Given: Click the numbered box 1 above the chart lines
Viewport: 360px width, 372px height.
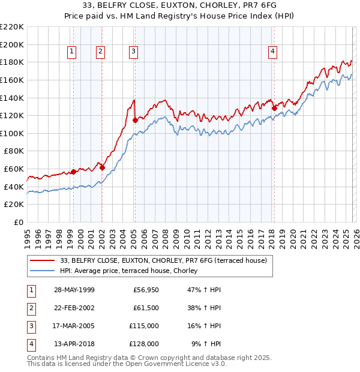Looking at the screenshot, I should coord(72,52).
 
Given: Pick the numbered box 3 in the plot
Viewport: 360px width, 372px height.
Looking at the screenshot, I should coord(133,52).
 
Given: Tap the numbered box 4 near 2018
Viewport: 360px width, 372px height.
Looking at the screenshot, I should coord(272,52).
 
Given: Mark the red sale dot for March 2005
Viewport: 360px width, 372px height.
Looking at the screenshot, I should coord(135,120).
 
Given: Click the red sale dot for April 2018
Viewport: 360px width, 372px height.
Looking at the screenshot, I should coord(274,109).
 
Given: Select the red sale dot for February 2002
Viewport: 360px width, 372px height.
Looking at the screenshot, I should coord(103,167).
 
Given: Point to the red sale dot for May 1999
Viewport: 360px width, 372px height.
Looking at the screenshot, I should coord(73,172).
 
